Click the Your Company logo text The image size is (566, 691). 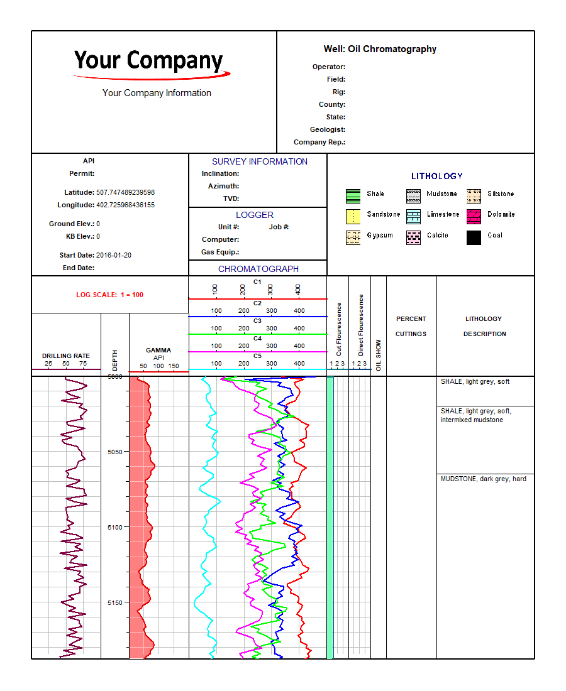tap(148, 61)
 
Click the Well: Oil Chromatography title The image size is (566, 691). tap(380, 49)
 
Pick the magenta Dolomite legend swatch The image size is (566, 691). tap(474, 216)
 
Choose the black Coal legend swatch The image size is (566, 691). tap(474, 237)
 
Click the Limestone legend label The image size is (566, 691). tap(443, 214)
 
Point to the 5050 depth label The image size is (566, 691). tap(114, 452)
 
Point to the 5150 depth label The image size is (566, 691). tap(114, 602)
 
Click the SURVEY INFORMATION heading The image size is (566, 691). tap(260, 161)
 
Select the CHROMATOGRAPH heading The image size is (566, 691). tap(258, 269)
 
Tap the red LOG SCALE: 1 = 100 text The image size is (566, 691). tap(109, 295)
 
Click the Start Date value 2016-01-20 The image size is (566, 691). tap(114, 255)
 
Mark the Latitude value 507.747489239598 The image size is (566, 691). tap(125, 192)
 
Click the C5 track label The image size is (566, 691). tap(257, 356)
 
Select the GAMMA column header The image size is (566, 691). tap(158, 351)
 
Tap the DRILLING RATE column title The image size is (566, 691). tap(66, 356)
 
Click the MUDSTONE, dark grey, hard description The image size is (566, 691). tap(484, 479)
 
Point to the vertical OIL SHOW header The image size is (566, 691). tap(379, 356)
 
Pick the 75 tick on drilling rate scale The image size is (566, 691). tap(83, 364)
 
